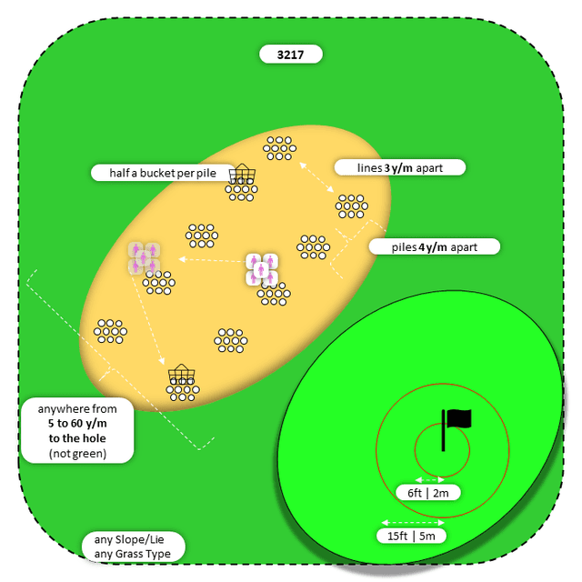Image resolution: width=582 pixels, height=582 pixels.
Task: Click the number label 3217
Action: pos(291,55)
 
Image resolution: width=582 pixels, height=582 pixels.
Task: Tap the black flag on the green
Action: pos(459,419)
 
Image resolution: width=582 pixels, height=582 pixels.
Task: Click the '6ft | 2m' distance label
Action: pos(433,493)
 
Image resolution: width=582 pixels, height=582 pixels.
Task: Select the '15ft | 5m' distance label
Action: pos(412,536)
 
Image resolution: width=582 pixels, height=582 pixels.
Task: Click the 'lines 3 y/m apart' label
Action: pos(400,167)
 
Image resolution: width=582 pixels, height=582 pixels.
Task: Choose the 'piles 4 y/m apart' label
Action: pos(435,246)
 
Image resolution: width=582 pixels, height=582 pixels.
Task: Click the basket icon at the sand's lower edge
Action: pos(181,374)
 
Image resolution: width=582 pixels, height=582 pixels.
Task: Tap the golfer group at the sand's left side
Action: pos(144,257)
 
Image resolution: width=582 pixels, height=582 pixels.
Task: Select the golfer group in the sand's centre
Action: pos(261,269)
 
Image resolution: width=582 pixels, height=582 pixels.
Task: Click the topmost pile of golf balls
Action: pos(279,146)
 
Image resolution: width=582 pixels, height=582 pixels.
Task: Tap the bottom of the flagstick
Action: pos(444,449)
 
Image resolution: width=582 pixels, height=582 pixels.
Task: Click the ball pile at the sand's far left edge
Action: pos(110,330)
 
